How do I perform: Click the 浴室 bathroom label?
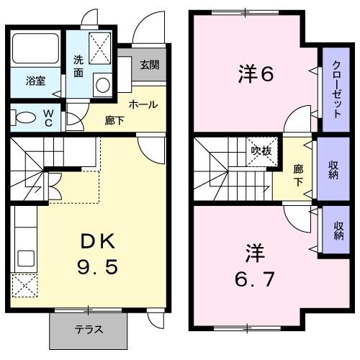[x=36, y=81]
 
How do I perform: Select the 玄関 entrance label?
[x=149, y=66]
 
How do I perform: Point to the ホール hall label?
[x=143, y=104]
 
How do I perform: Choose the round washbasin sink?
[x=102, y=84]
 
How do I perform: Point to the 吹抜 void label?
[x=261, y=150]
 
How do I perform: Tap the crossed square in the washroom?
[x=101, y=47]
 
